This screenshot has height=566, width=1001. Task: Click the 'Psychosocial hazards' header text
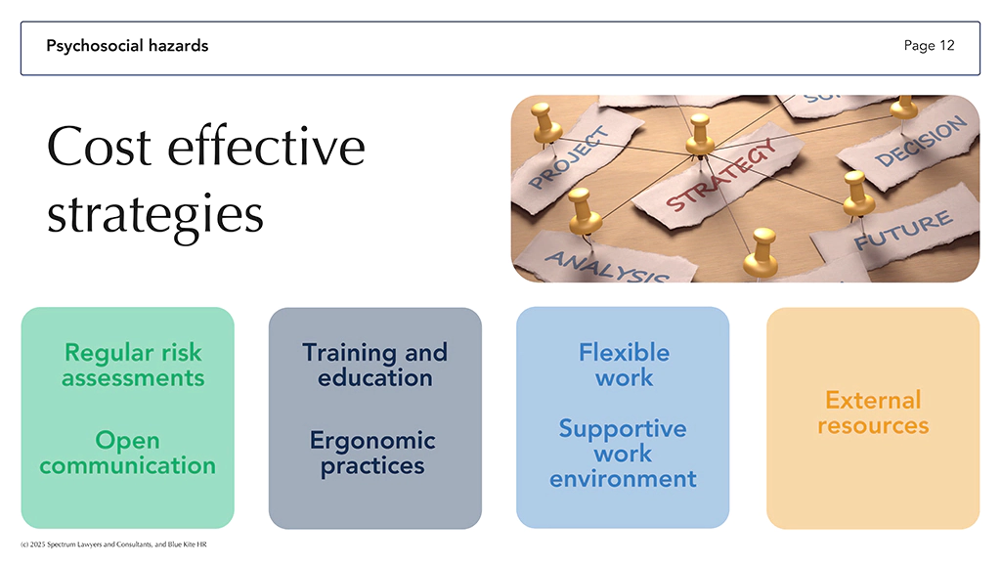[x=127, y=46]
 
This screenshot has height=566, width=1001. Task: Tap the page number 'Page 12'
[x=929, y=46]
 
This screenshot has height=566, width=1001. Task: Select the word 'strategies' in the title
[x=155, y=215]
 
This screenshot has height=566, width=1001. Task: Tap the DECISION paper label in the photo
[x=921, y=142]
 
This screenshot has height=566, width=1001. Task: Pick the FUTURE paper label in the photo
[x=903, y=231]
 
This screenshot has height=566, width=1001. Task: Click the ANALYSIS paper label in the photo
[x=606, y=266]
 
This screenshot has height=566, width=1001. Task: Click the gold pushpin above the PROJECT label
[x=545, y=123]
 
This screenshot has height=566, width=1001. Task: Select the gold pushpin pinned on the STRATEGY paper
[x=700, y=135]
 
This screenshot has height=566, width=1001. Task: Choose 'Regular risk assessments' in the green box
[x=133, y=365]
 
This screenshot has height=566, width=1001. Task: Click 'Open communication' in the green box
[x=128, y=453]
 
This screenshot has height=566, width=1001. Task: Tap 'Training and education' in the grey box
[x=374, y=365]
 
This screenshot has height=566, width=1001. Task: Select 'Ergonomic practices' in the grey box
[x=372, y=453]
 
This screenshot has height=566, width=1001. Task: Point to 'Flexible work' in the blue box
[x=625, y=365]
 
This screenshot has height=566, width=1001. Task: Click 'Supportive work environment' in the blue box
[x=623, y=453]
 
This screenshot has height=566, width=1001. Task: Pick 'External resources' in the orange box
[x=873, y=413]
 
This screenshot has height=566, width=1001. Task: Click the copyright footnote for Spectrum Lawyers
[x=113, y=544]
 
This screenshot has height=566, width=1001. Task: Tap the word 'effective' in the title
[x=266, y=146]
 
